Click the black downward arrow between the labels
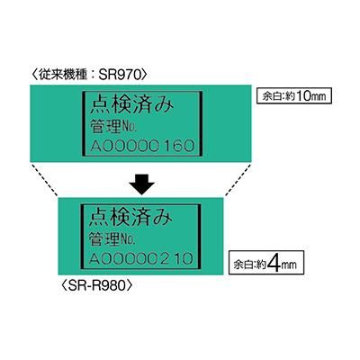141,184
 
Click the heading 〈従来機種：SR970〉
89,75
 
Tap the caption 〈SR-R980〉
96,285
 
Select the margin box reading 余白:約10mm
294,95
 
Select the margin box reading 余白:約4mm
266,263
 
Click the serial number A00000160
142,146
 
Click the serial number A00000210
141,258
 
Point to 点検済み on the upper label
132,104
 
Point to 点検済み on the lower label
130,217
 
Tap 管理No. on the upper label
113,127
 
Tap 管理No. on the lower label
112,239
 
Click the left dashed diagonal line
44,179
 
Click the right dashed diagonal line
238,179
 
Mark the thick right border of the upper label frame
201,123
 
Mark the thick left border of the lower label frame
82,237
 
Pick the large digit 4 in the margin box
274,263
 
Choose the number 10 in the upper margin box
303,96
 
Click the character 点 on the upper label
100,104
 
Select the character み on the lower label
164,218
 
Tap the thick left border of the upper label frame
84,123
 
